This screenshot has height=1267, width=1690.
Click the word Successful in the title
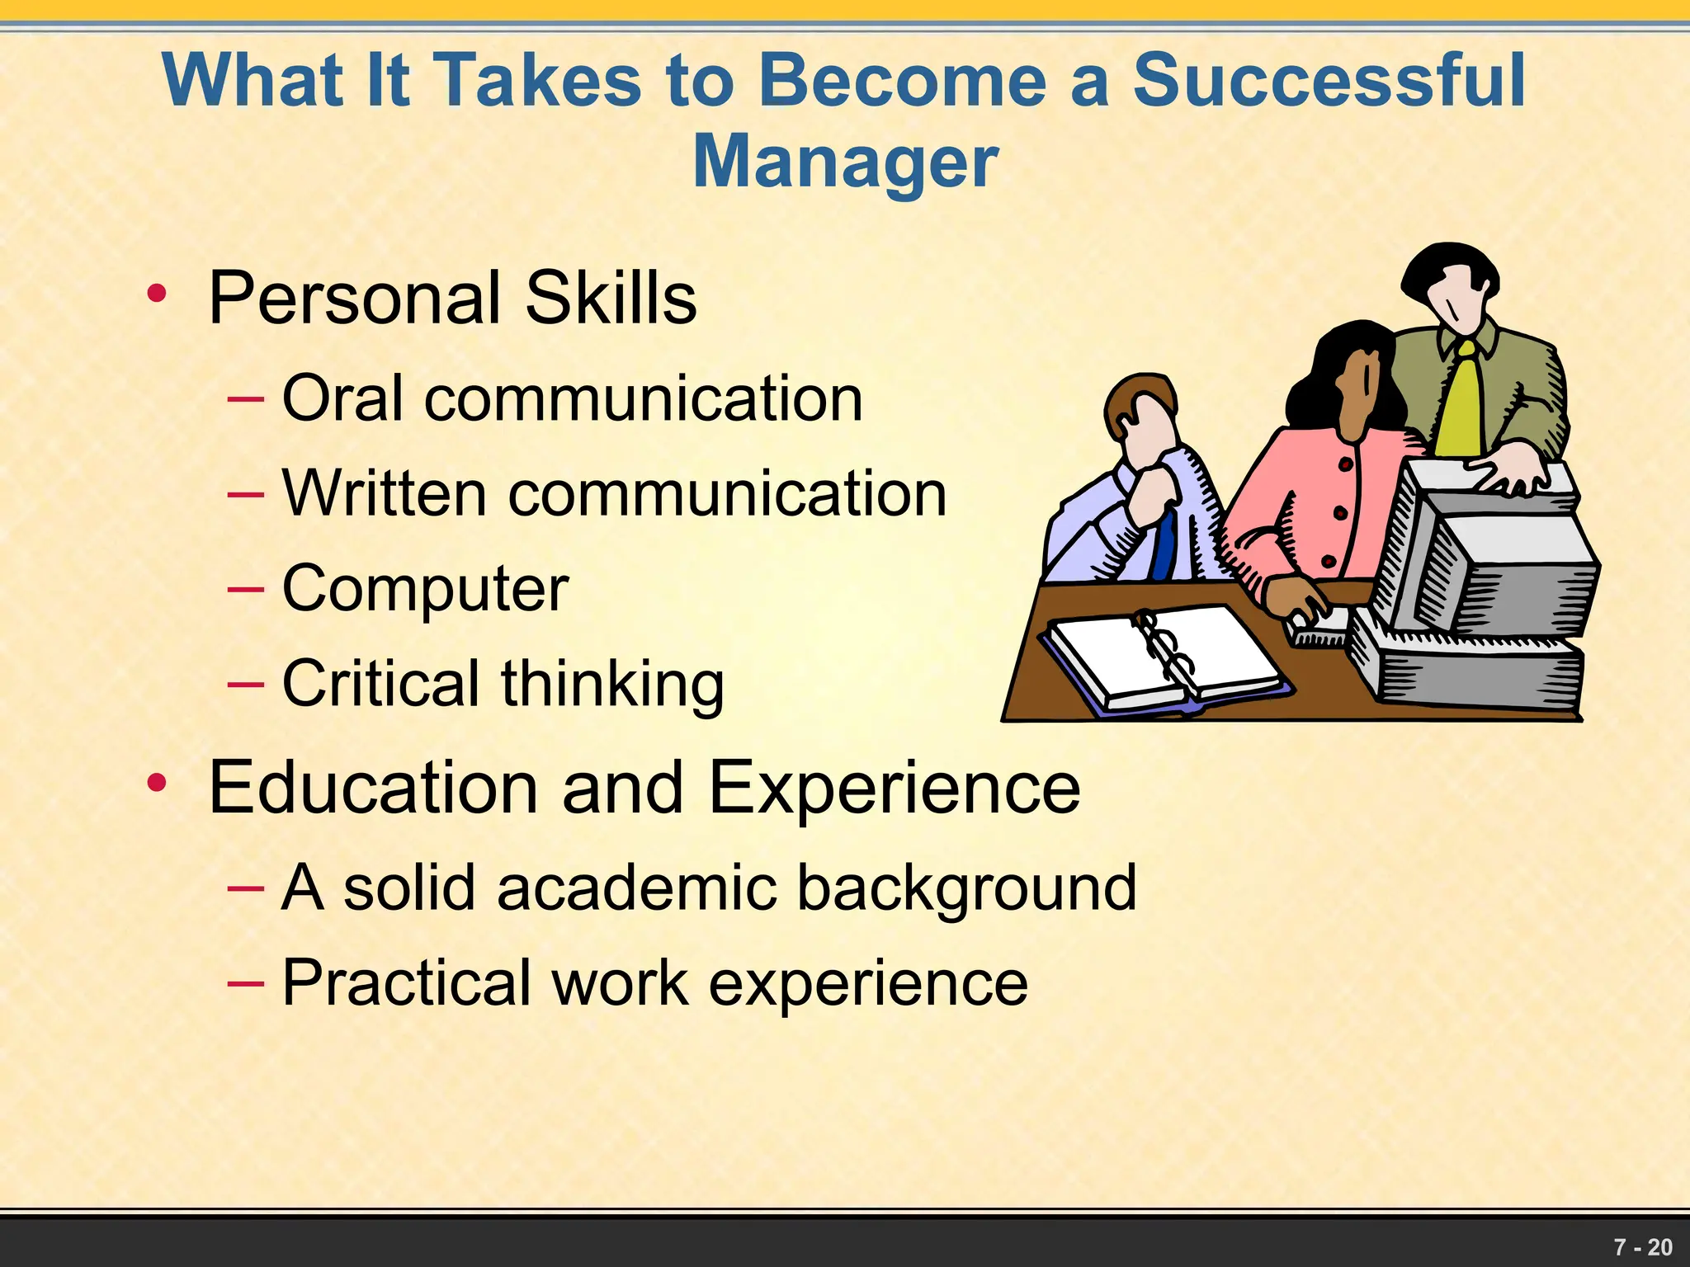click(x=1329, y=80)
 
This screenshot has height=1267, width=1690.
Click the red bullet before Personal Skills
click(x=157, y=294)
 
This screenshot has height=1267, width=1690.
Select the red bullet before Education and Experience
click(x=157, y=783)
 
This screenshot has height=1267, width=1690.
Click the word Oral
click(x=342, y=398)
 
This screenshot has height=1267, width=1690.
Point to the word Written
click(x=384, y=493)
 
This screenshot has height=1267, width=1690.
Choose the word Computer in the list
click(x=425, y=589)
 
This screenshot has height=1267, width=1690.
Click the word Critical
click(x=380, y=683)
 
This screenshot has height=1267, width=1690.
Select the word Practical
click(x=405, y=982)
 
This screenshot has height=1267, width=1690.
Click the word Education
click(x=373, y=787)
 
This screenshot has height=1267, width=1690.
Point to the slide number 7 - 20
click(x=1642, y=1247)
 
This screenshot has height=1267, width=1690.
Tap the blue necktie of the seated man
click(x=1164, y=544)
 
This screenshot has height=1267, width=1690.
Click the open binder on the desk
click(x=1164, y=656)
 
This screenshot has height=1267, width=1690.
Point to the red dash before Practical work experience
click(x=245, y=982)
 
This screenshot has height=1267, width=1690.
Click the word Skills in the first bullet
click(x=611, y=298)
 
